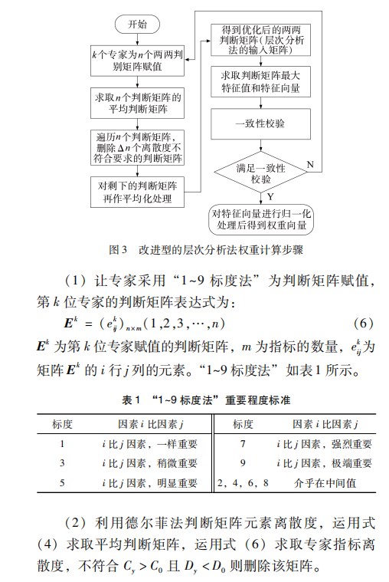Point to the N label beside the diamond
pyautogui.click(x=310, y=165)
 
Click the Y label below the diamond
pyautogui.click(x=270, y=196)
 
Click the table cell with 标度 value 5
pyautogui.click(x=61, y=483)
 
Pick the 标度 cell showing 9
pyautogui.click(x=243, y=463)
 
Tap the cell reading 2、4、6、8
pyautogui.click(x=243, y=483)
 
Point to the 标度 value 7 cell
pyautogui.click(x=243, y=443)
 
